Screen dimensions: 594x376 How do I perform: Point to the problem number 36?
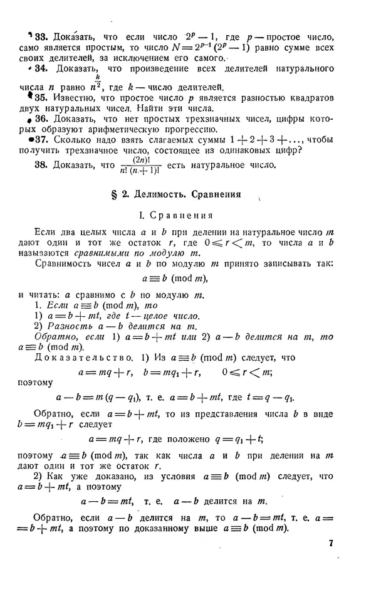[41, 119]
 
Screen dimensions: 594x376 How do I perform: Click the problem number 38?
[41, 166]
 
